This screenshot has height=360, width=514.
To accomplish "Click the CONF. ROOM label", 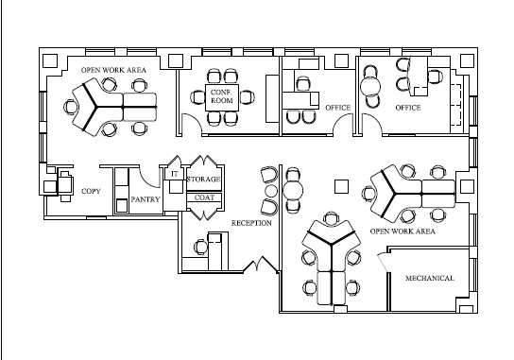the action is point(222,96).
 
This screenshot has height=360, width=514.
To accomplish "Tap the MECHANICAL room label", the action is point(430,278).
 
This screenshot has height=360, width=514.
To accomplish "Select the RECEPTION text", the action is point(251,223).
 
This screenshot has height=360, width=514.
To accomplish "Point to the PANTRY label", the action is point(146,199).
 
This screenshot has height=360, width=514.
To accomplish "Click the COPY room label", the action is point(91,191).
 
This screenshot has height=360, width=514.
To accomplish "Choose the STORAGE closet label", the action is point(203,179).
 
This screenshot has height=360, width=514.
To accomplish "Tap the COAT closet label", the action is point(204,197).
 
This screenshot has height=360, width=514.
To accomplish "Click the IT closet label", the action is point(175,174).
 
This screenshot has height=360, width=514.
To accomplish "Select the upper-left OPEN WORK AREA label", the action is point(113,70).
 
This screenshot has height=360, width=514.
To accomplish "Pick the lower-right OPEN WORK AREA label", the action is point(403,231).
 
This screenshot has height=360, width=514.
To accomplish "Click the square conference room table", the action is point(222,97).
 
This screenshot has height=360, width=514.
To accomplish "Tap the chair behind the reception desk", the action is point(200,247).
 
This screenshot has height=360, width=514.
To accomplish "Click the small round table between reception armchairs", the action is point(271,191).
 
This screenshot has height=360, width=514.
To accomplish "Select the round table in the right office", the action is point(370,87).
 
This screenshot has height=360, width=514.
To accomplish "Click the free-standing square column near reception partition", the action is point(342,186).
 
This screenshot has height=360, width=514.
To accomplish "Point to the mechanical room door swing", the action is point(383,262).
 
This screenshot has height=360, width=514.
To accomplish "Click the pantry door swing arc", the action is point(148,180).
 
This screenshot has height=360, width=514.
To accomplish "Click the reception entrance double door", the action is point(261,265).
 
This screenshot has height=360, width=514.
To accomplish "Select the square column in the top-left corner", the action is point(50,61).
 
